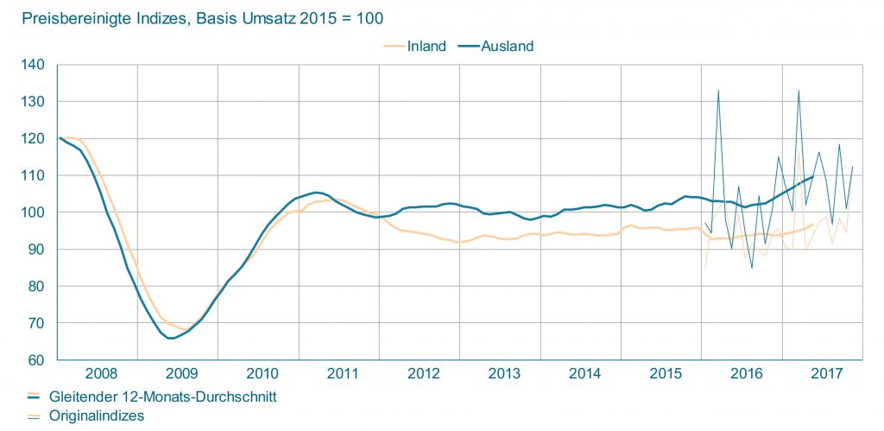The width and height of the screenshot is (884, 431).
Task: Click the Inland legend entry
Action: pyautogui.click(x=426, y=46)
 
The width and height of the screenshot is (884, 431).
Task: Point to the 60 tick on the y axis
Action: pyautogui.click(x=36, y=360)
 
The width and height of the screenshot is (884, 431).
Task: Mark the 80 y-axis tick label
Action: pyautogui.click(x=36, y=286)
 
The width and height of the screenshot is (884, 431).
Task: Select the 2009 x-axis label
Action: pyautogui.click(x=180, y=374)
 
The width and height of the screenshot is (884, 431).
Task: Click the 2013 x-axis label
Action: pyautogui.click(x=503, y=374)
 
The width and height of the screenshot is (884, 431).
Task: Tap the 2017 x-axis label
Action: pyautogui.click(x=826, y=374)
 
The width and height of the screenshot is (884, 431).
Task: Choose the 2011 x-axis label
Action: pyautogui.click(x=343, y=374)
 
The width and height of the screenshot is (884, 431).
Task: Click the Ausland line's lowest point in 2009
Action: pyautogui.click(x=171, y=339)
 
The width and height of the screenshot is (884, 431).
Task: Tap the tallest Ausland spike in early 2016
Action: pyautogui.click(x=718, y=91)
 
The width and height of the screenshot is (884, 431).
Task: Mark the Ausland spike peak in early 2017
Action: pyautogui.click(x=799, y=91)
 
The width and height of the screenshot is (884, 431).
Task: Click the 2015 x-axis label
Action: pyautogui.click(x=665, y=374)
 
